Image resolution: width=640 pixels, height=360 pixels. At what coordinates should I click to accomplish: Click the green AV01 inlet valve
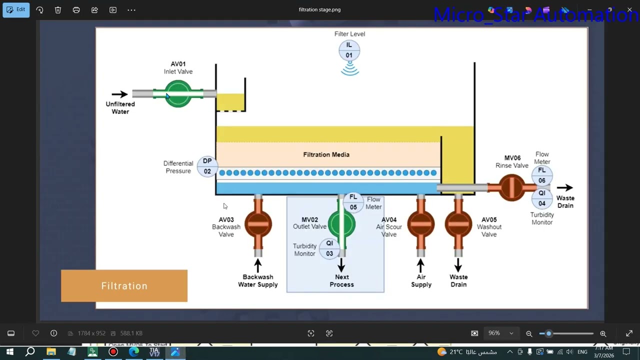pos(178,93)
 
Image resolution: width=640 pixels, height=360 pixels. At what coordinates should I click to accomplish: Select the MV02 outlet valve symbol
pos(341,224)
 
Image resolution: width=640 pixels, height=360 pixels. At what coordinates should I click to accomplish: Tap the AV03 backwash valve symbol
pos(258,224)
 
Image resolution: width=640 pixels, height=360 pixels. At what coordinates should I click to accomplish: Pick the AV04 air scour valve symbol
pos(420,224)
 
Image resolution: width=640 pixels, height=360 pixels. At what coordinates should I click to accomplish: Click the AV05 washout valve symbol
pos(458,224)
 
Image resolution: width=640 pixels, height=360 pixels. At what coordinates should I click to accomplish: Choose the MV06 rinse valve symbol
pos(511,187)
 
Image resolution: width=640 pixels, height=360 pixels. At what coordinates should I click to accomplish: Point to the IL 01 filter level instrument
pos(349,50)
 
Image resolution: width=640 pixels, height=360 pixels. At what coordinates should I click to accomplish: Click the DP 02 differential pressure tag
pos(207,166)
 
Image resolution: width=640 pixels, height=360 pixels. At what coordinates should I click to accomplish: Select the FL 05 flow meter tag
pos(353,202)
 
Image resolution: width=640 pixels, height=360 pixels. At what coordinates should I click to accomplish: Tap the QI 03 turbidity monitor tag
pos(329,248)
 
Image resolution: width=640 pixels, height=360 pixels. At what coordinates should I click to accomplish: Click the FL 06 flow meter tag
pos(542,175)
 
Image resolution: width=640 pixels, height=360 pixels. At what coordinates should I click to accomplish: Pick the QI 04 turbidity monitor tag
pos(542,198)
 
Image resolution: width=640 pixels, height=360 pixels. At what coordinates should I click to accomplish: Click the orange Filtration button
pos(124,286)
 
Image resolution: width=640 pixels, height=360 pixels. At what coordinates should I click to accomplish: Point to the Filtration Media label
pos(326,154)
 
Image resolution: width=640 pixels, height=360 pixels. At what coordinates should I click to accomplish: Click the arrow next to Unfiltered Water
pos(119,94)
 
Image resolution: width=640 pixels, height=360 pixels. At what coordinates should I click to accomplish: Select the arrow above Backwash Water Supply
pos(258,265)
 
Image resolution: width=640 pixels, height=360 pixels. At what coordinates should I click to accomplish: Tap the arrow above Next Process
pos(342,264)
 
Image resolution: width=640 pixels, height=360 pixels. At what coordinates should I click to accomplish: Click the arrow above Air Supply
pos(420,265)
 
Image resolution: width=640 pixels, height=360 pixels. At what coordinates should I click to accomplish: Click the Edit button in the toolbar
pos(16,9)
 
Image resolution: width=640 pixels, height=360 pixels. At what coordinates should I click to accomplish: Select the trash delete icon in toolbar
pos(58,10)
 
